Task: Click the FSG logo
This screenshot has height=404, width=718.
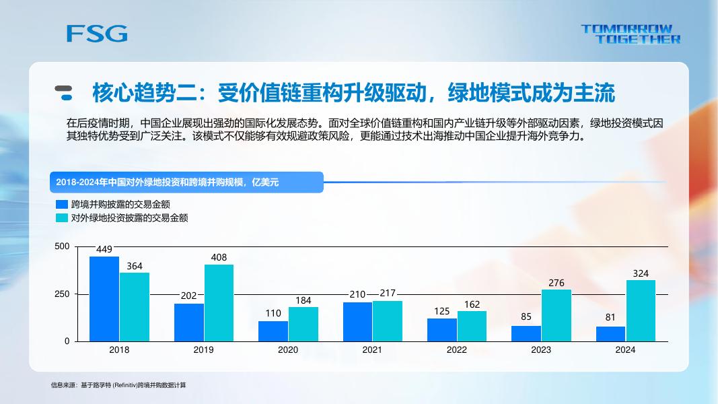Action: (97, 33)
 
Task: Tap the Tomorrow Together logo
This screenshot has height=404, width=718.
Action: (631, 34)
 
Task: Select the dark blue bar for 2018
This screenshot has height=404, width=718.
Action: (104, 299)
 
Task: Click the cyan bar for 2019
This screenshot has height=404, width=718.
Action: (219, 303)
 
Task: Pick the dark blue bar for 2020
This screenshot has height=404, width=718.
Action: (273, 331)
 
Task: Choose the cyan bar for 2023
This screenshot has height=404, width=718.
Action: (557, 315)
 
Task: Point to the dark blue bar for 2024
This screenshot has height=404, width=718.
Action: (610, 333)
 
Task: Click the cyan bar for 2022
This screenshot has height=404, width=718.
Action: (472, 326)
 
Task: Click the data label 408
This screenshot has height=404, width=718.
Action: (219, 257)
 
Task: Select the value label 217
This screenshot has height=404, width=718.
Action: (388, 293)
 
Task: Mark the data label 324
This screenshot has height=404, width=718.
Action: (641, 273)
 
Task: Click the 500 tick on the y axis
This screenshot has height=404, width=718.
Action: (62, 246)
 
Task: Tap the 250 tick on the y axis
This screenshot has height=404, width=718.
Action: (62, 294)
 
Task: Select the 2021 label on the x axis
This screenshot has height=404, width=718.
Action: (372, 350)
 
